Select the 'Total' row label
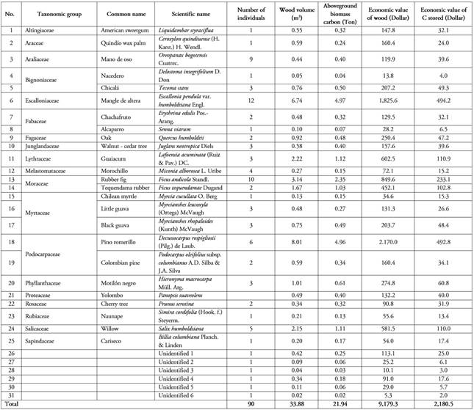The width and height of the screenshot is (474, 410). click(12, 403)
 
